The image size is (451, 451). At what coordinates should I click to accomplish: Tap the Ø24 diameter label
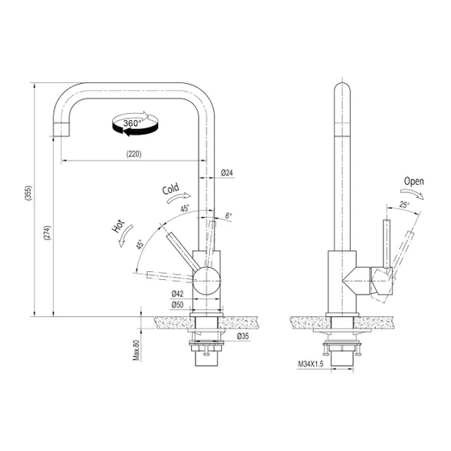227,173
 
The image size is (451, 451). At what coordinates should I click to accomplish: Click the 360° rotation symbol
133,123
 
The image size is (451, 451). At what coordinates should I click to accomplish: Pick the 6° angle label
228,215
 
